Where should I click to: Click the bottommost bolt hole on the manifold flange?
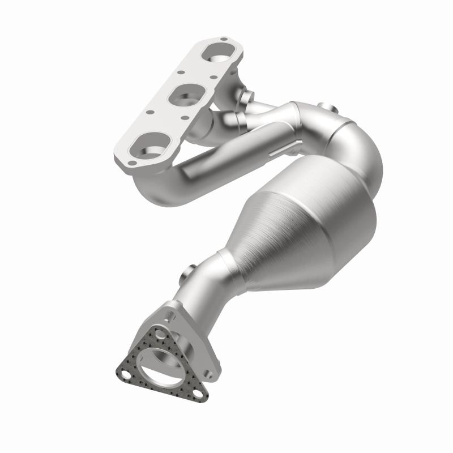tap(131, 163)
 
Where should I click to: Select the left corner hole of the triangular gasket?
tap(125, 374)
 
